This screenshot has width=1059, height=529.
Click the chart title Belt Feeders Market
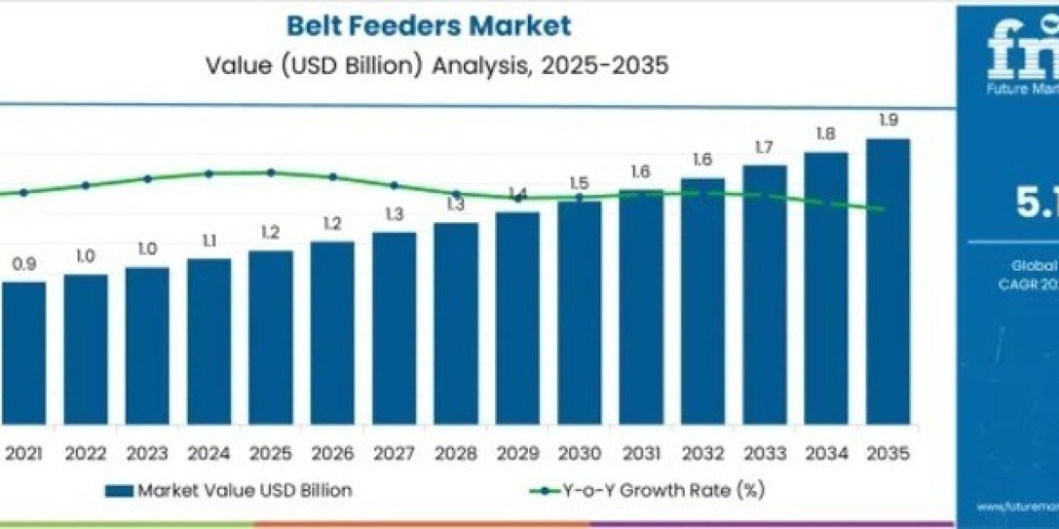(x=428, y=26)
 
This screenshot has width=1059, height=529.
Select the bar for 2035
(x=887, y=291)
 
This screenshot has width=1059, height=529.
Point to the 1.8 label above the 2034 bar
(x=825, y=134)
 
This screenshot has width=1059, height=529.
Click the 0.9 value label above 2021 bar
(x=24, y=264)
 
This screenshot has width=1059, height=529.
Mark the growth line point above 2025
(x=271, y=173)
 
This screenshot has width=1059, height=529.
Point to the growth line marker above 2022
(x=86, y=185)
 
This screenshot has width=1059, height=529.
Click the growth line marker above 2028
(x=456, y=194)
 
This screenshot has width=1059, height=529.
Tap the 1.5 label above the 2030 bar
(x=579, y=183)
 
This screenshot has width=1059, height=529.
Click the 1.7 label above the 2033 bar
(x=764, y=147)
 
